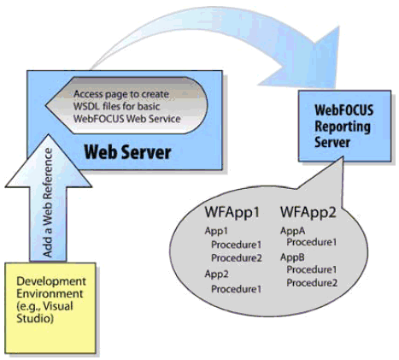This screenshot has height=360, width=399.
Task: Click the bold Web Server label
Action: pos(127,152)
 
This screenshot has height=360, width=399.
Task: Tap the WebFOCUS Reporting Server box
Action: pos(344,126)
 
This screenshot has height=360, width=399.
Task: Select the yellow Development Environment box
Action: pos(50,308)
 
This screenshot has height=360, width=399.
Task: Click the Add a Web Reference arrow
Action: pos(48,199)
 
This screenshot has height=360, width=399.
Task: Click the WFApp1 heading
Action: pos(232,212)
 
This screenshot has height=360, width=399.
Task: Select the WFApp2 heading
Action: pos(308,212)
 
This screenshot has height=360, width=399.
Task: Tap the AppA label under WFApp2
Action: pos(292,231)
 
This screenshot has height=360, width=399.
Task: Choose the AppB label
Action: pos(292,257)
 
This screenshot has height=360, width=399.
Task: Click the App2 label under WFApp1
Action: pos(217,274)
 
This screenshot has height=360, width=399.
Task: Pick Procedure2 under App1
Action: pos(237,258)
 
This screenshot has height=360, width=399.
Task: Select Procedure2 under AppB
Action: pos(312,283)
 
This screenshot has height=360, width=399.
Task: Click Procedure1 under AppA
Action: pos(312,242)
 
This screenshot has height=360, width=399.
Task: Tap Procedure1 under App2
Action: pos(236,289)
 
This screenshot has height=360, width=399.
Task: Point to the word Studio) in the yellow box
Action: pos(35,319)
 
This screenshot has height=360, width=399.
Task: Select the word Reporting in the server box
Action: pos(343,127)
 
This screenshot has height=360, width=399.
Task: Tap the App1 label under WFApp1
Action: pos(216,231)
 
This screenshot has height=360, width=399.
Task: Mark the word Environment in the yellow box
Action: pos(50,293)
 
